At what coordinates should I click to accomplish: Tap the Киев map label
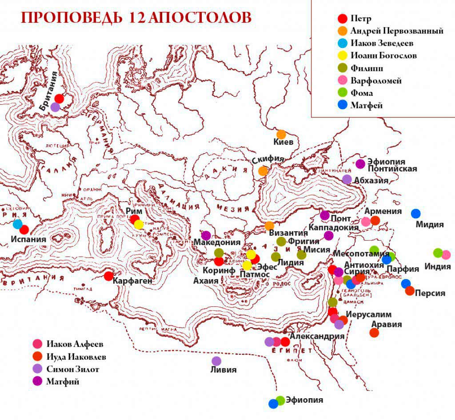283,143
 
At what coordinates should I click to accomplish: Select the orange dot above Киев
281,134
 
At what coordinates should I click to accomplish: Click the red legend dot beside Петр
342,19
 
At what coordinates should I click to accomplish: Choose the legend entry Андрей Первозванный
396,31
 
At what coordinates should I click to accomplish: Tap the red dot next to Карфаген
108,276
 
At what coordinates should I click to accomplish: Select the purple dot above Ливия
216,361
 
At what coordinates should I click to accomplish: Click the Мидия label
430,225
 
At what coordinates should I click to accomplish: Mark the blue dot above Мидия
415,214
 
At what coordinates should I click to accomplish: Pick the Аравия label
387,324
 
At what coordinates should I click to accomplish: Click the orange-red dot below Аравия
374,333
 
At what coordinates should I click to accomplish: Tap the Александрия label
317,336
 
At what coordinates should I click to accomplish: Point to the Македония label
217,242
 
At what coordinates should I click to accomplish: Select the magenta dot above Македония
206,235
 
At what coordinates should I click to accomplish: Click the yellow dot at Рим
139,224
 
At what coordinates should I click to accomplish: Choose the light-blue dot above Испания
18,224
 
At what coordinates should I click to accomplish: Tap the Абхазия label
371,180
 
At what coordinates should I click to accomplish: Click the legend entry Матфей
366,106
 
